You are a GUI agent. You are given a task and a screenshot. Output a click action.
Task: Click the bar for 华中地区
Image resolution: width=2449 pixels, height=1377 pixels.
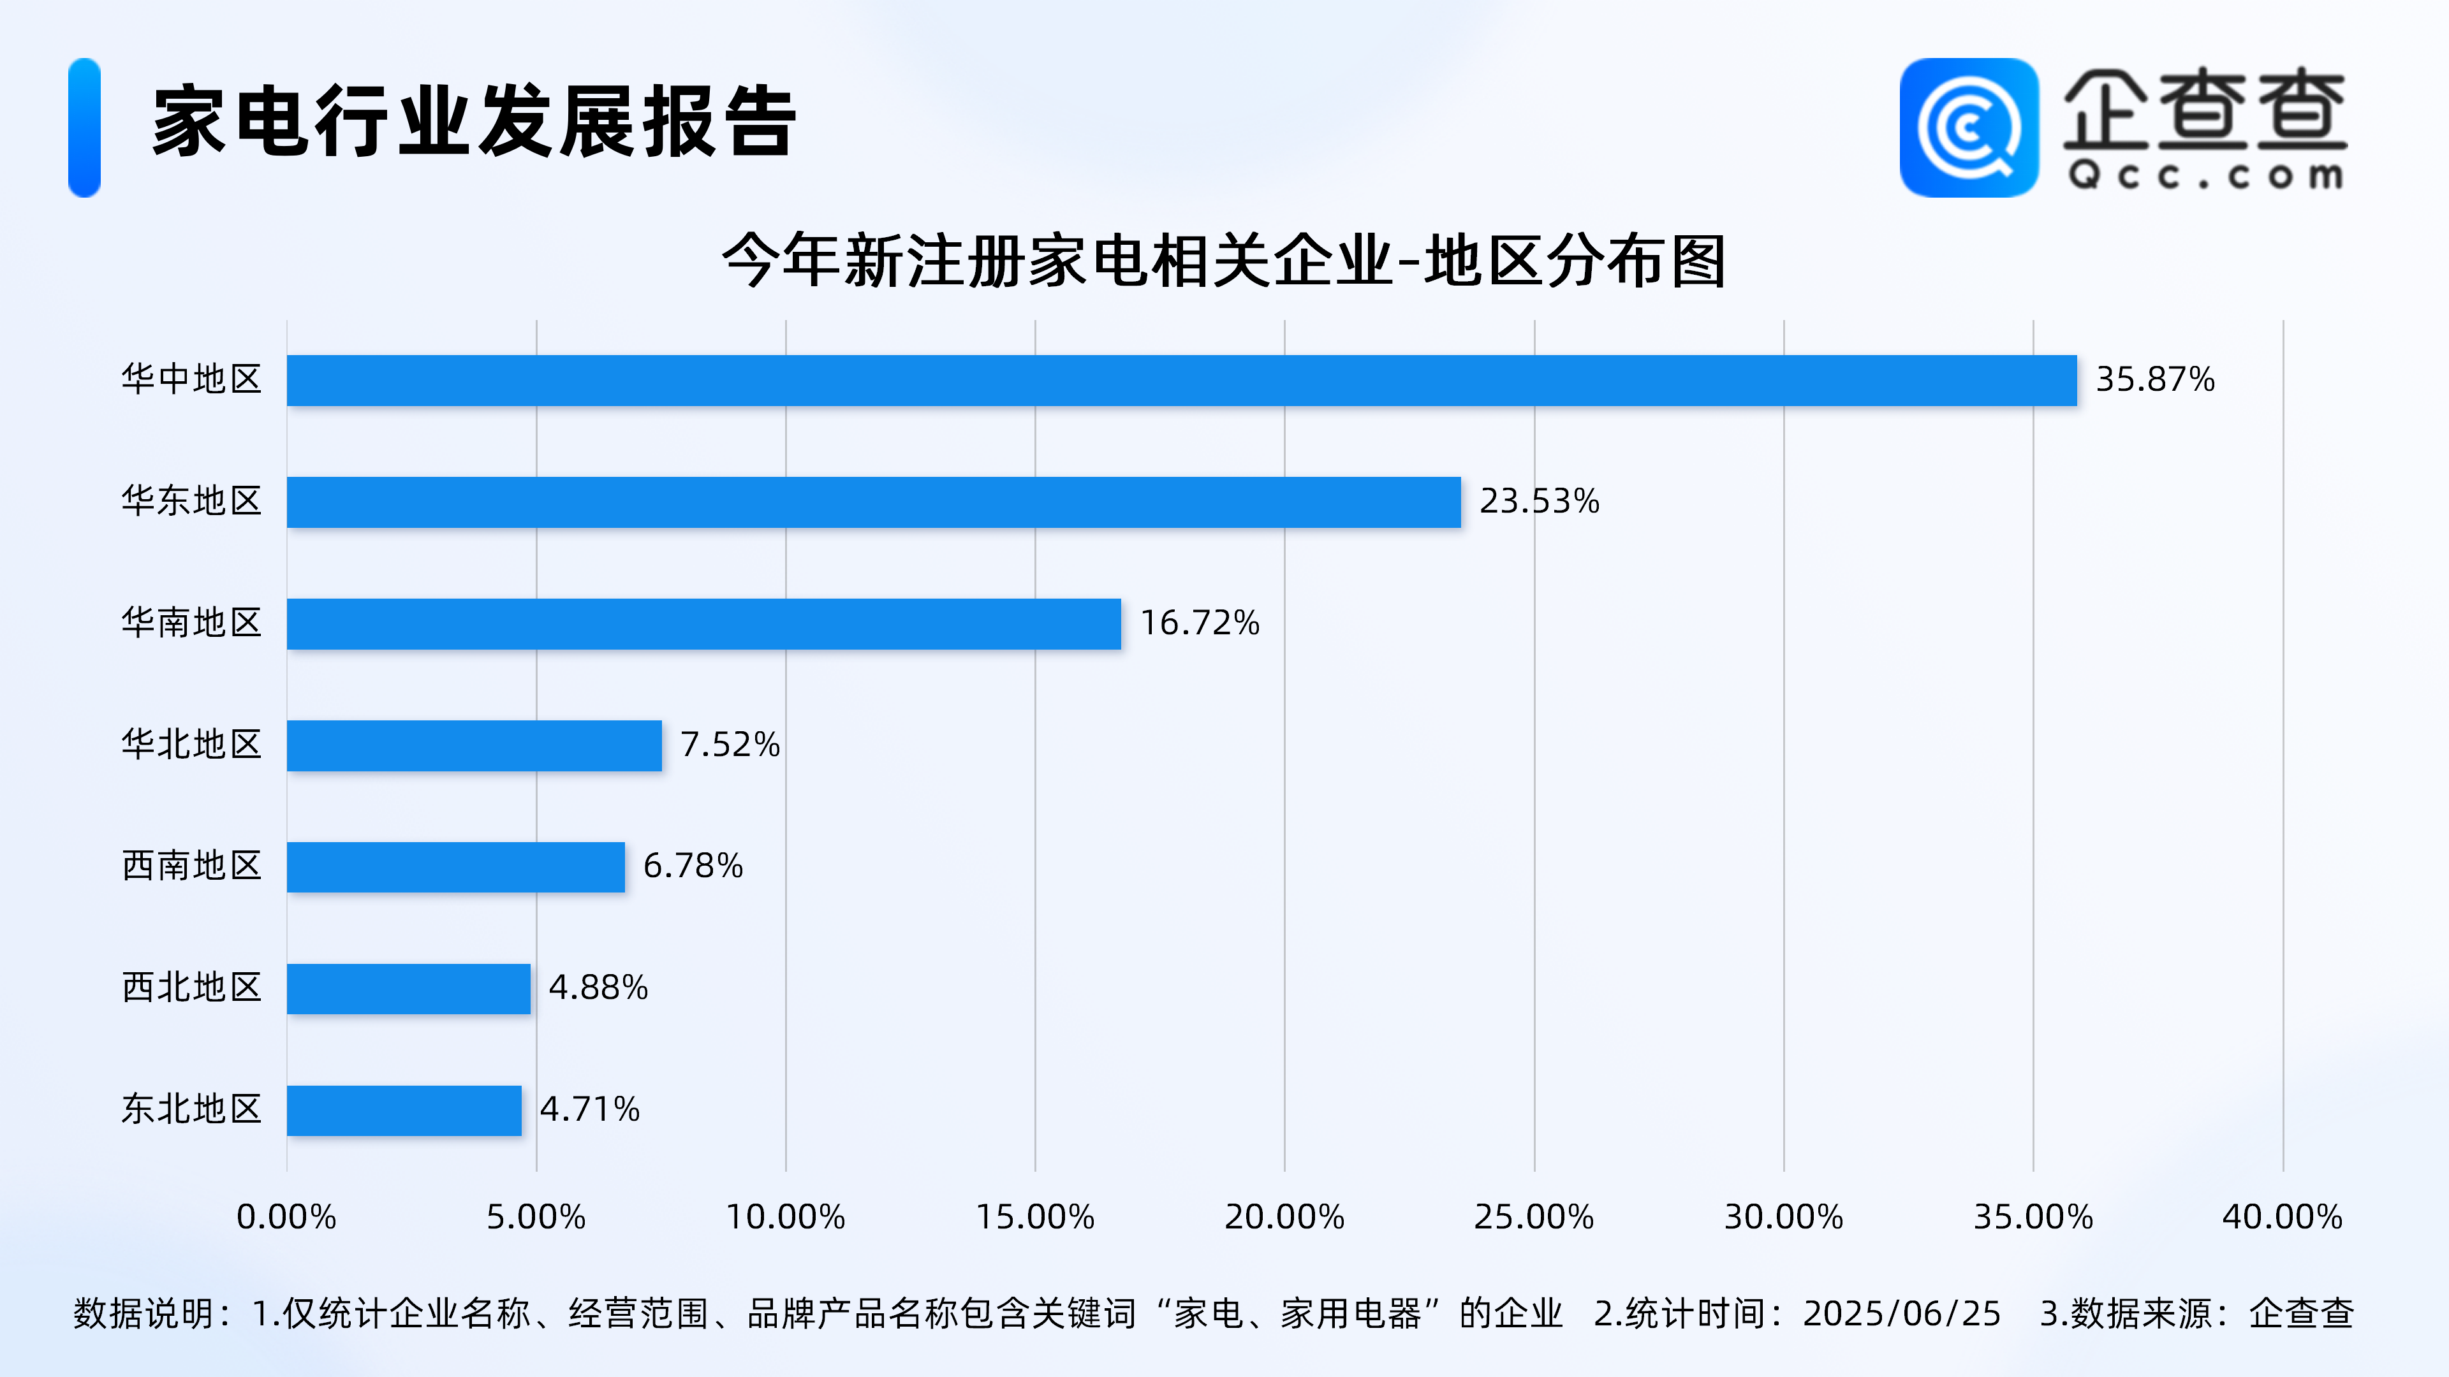(1182, 380)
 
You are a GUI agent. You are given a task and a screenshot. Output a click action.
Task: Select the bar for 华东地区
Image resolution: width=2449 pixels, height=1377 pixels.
(874, 502)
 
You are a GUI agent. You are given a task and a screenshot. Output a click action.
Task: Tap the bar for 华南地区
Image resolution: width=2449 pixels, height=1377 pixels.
(703, 623)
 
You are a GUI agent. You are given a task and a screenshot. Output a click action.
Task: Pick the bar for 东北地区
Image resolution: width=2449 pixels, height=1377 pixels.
(404, 1110)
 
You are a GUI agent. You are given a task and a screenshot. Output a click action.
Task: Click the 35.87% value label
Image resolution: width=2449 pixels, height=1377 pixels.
(2154, 379)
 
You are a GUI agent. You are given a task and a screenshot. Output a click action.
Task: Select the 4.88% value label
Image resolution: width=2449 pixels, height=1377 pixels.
(598, 987)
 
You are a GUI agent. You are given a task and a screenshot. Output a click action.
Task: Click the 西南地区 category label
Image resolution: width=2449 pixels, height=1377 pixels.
(191, 866)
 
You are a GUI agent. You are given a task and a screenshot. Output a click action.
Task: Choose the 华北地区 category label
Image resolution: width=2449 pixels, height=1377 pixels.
(191, 744)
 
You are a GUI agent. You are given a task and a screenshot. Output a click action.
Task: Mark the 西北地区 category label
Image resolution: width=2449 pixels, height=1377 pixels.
(191, 987)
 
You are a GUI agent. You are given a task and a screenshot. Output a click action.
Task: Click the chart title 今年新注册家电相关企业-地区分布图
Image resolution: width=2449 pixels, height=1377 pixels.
(1224, 260)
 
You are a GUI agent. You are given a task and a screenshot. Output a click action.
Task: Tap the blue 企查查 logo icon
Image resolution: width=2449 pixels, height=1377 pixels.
(1968, 127)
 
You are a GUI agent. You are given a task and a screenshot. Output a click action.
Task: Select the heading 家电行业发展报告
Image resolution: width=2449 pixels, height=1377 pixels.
(473, 122)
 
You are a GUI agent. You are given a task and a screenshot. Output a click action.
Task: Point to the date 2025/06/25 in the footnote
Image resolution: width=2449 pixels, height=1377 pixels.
(1901, 1313)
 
